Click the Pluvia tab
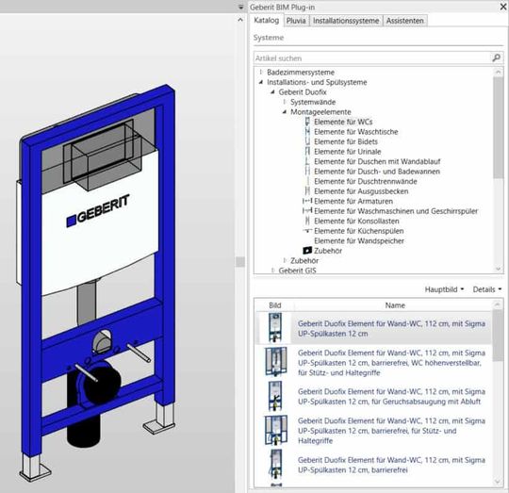[x=295, y=20]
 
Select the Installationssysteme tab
[x=346, y=20]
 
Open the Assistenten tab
[x=405, y=20]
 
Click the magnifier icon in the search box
[x=497, y=58]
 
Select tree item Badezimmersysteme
[x=300, y=72]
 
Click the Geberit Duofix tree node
[x=303, y=92]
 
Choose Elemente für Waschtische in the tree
[x=355, y=132]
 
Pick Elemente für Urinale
[x=350, y=152]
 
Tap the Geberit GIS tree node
[x=297, y=271]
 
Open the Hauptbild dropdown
[x=444, y=289]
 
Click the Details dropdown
[x=486, y=289]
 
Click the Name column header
[x=395, y=305]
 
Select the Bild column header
[x=274, y=305]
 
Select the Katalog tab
[x=267, y=20]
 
